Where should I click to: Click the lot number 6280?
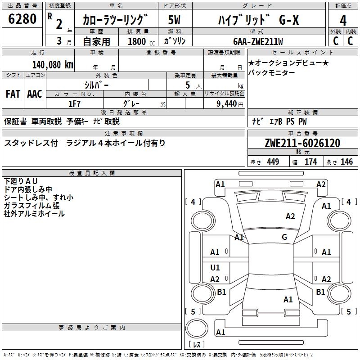[22, 19]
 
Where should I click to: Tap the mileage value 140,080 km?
[53, 65]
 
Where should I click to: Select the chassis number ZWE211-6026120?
[302, 143]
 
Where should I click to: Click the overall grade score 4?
[343, 21]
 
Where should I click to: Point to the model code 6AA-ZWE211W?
[258, 41]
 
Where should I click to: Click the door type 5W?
[174, 20]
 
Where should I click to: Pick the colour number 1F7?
[74, 104]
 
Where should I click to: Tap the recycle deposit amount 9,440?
[227, 104]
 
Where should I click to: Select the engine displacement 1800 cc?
[141, 41]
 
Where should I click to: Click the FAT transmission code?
[13, 94]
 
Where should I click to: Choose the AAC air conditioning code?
[35, 94]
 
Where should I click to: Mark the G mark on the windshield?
[284, 237]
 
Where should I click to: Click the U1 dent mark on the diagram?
[215, 267]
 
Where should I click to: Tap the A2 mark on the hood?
[290, 216]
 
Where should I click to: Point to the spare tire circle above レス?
[197, 328]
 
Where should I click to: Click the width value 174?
[310, 162]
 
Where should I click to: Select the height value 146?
[346, 162]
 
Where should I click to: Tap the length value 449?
[273, 162]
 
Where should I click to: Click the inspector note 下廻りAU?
[21, 181]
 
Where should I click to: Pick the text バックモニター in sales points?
[271, 73]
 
